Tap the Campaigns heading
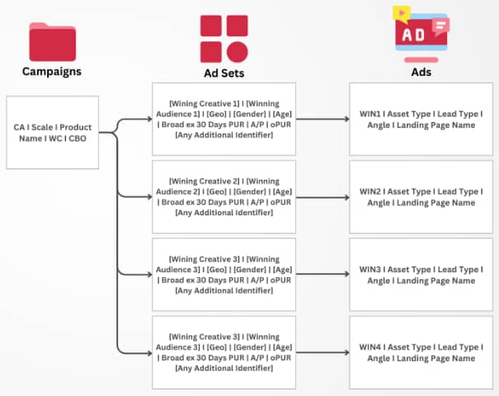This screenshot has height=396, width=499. coord(53,72)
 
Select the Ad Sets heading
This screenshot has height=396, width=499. coord(224,73)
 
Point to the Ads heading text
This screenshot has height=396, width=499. coord(421,72)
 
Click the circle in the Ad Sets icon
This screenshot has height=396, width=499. coord(236,49)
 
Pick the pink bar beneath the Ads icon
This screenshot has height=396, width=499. coord(421,59)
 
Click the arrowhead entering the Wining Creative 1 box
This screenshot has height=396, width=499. coord(148,120)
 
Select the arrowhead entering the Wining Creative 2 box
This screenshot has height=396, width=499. coord(148,196)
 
